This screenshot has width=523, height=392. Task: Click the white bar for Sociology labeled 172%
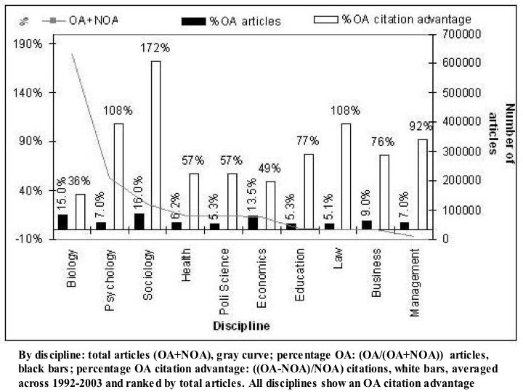pyautogui.click(x=155, y=145)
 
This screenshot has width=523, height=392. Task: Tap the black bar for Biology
pyautogui.click(x=62, y=222)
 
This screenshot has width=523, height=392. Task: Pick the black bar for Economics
pyautogui.click(x=252, y=223)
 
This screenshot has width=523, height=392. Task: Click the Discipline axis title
pyautogui.click(x=241, y=326)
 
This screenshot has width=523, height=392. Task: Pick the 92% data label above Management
pyautogui.click(x=421, y=126)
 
